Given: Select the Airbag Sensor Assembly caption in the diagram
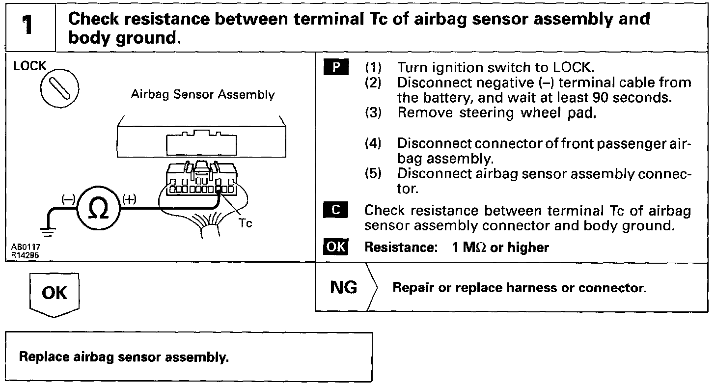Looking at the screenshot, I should (202, 94).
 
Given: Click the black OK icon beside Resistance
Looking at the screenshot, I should (336, 247).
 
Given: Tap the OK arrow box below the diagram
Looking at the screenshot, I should (54, 293).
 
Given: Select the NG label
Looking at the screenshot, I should (344, 287).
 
